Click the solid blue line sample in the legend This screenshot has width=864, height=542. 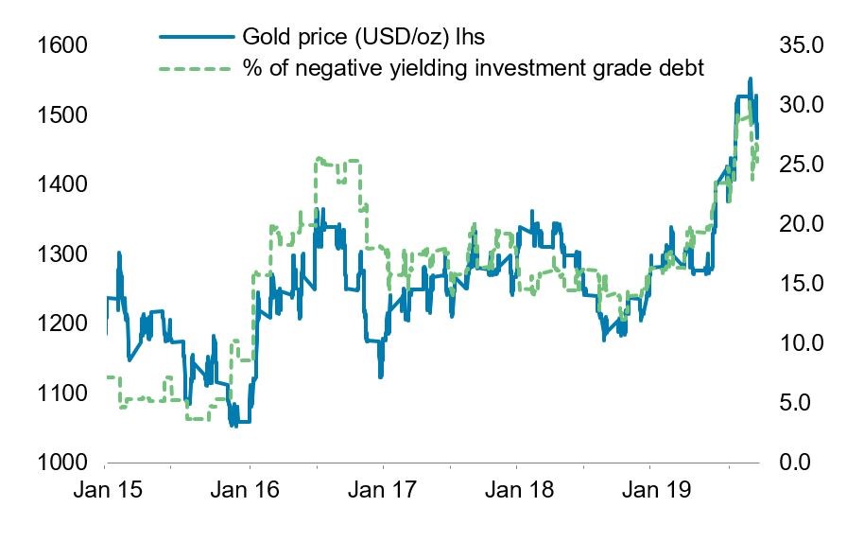tap(196, 37)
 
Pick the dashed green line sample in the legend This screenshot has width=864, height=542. tap(196, 68)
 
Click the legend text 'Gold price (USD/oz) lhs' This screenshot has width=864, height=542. tap(365, 37)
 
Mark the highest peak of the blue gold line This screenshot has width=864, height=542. tap(751, 79)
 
